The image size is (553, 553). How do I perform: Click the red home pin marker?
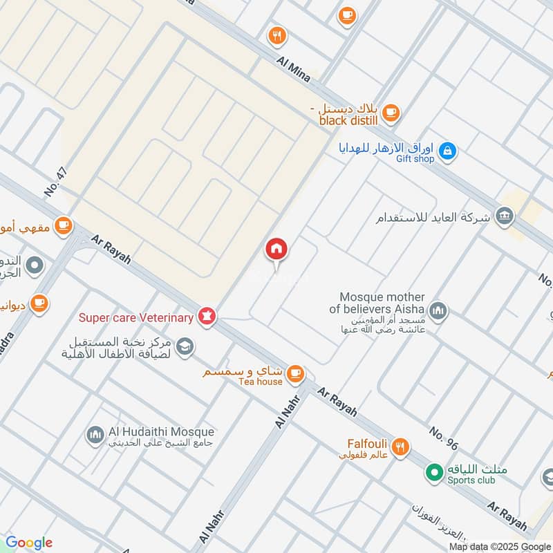(276, 250)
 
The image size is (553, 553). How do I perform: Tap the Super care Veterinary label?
(135, 318)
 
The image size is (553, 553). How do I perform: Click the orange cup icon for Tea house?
(295, 373)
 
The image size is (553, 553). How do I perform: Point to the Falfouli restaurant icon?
(400, 448)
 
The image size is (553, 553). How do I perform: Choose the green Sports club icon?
(434, 473)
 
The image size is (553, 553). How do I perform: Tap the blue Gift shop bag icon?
(448, 151)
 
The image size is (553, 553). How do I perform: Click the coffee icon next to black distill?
(391, 111)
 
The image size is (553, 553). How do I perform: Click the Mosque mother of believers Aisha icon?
(437, 312)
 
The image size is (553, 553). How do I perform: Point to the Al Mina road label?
(294, 71)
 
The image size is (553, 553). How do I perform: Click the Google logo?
(29, 543)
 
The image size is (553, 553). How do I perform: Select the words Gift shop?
(415, 159)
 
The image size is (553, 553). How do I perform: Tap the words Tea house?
(261, 382)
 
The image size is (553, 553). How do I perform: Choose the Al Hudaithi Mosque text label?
(162, 431)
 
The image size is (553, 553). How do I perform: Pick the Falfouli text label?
(366, 443)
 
